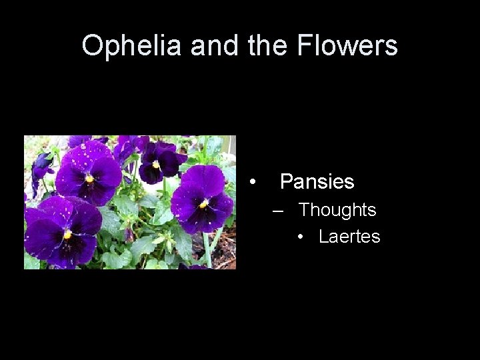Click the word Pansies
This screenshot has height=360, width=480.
click(317, 181)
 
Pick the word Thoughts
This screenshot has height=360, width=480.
click(337, 210)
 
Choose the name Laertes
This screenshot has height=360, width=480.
click(349, 237)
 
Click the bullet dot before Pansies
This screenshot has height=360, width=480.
click(252, 181)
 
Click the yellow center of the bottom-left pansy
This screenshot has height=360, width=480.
click(67, 234)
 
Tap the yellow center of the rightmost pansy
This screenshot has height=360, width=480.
click(203, 203)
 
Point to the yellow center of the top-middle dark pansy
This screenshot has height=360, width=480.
click(155, 163)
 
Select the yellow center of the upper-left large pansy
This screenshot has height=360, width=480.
click(89, 178)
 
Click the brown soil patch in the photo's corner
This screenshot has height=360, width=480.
click(225, 250)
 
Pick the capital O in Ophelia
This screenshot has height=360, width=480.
click(91, 46)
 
